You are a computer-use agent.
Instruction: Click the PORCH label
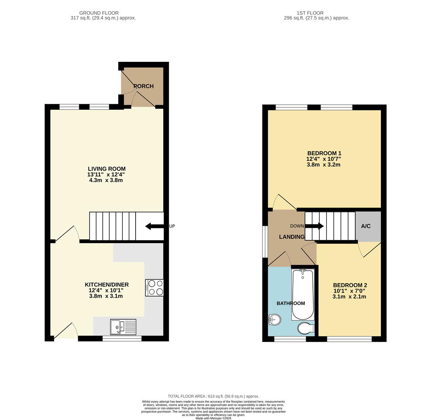tap(143, 86)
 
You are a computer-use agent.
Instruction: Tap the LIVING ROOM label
tap(106, 169)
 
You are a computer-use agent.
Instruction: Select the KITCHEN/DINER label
tap(106, 285)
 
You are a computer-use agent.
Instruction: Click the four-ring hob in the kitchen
tap(154, 288)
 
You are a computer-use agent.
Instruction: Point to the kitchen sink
tap(123, 327)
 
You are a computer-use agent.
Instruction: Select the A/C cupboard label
tap(366, 226)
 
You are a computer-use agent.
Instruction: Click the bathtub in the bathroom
tap(303, 294)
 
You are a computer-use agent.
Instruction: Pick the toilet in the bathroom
tap(305, 328)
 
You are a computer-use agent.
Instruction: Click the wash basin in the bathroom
tap(274, 320)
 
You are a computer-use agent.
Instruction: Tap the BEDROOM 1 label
tap(324, 153)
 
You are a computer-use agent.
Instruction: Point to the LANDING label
tap(291, 237)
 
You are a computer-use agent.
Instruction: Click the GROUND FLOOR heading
tap(99, 13)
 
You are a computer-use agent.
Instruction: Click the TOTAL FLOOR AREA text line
tap(213, 396)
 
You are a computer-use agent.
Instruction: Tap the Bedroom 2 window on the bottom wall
tap(349, 339)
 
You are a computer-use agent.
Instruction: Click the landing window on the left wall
tap(265, 241)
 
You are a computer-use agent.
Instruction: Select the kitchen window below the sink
tap(122, 339)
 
